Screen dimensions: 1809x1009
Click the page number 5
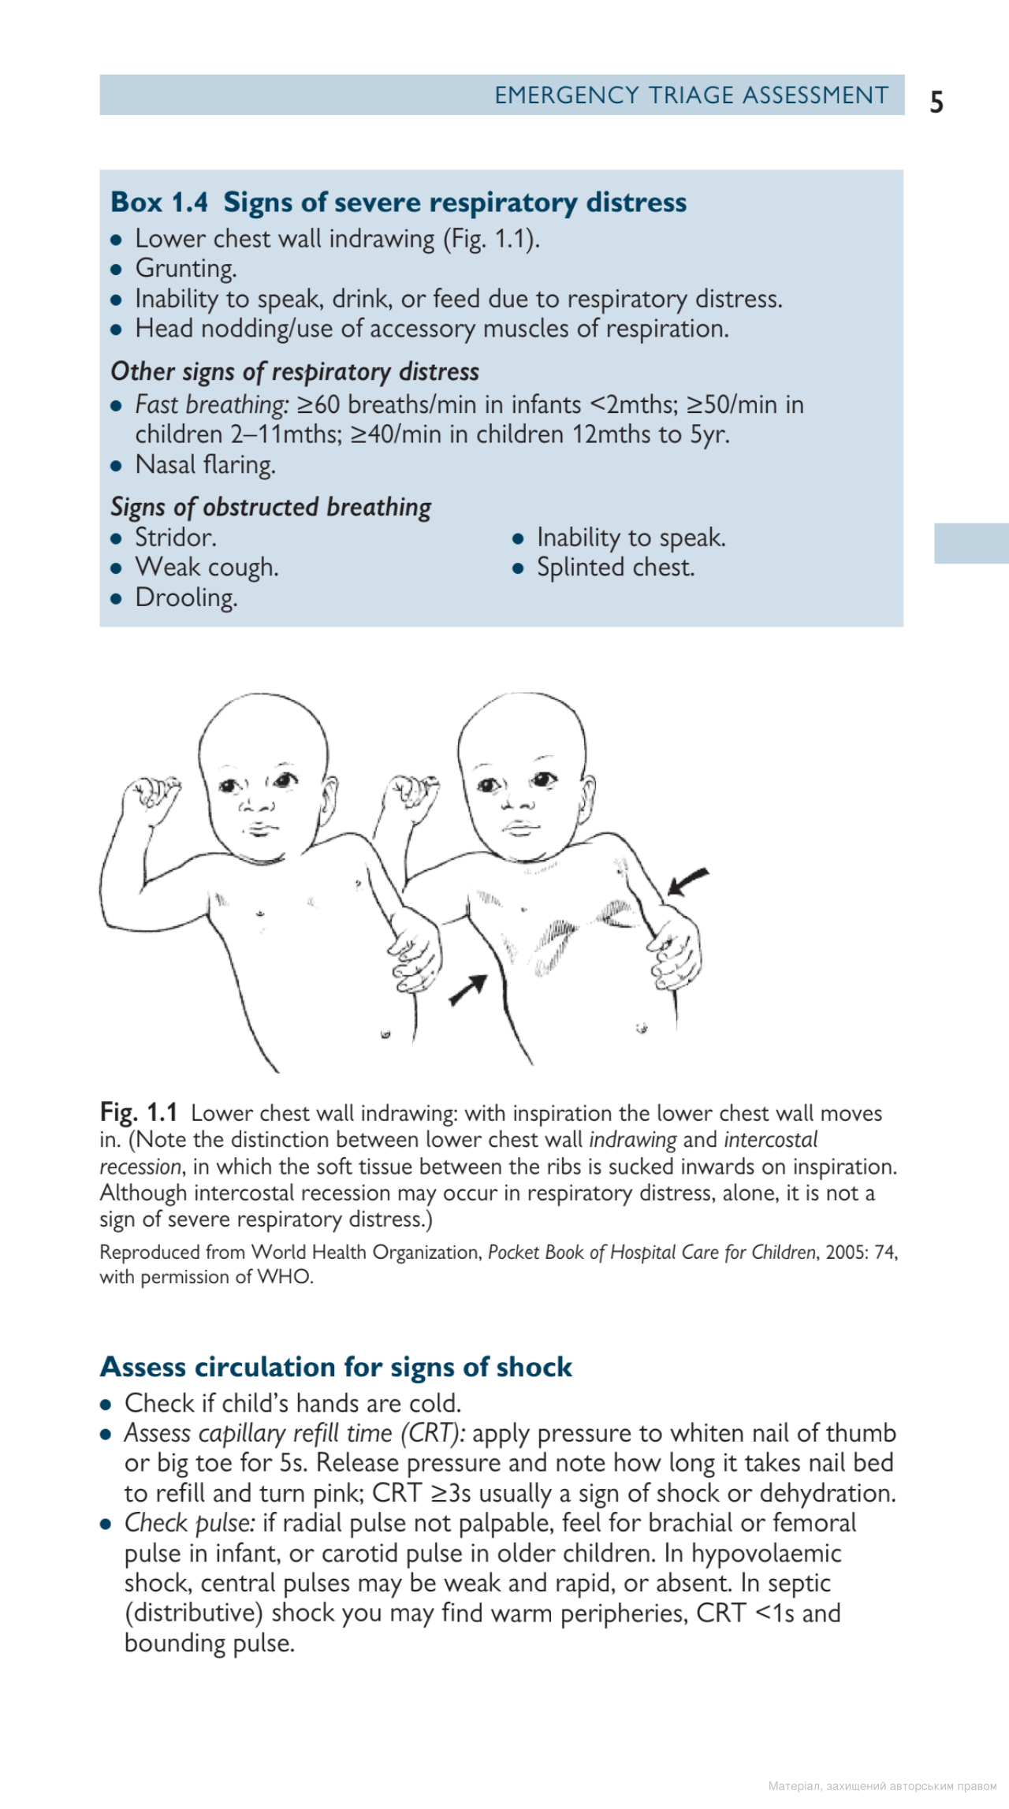936,102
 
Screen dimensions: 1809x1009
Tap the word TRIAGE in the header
691,95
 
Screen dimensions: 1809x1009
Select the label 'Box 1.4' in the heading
159,203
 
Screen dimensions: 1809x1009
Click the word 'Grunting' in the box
185,269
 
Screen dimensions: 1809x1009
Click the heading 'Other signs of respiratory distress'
295,371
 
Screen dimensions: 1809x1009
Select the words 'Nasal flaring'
205,465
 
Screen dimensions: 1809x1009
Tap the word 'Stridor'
175,538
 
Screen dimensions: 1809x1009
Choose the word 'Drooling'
186,597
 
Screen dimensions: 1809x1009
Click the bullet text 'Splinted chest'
615,568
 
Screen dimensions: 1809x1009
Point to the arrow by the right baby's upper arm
688,882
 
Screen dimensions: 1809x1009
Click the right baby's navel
642,1028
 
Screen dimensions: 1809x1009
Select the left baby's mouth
257,828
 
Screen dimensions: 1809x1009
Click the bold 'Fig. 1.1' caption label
139,1112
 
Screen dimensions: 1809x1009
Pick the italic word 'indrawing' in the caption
632,1140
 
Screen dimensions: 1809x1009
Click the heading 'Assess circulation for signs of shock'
336,1366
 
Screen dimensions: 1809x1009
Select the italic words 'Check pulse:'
190,1523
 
